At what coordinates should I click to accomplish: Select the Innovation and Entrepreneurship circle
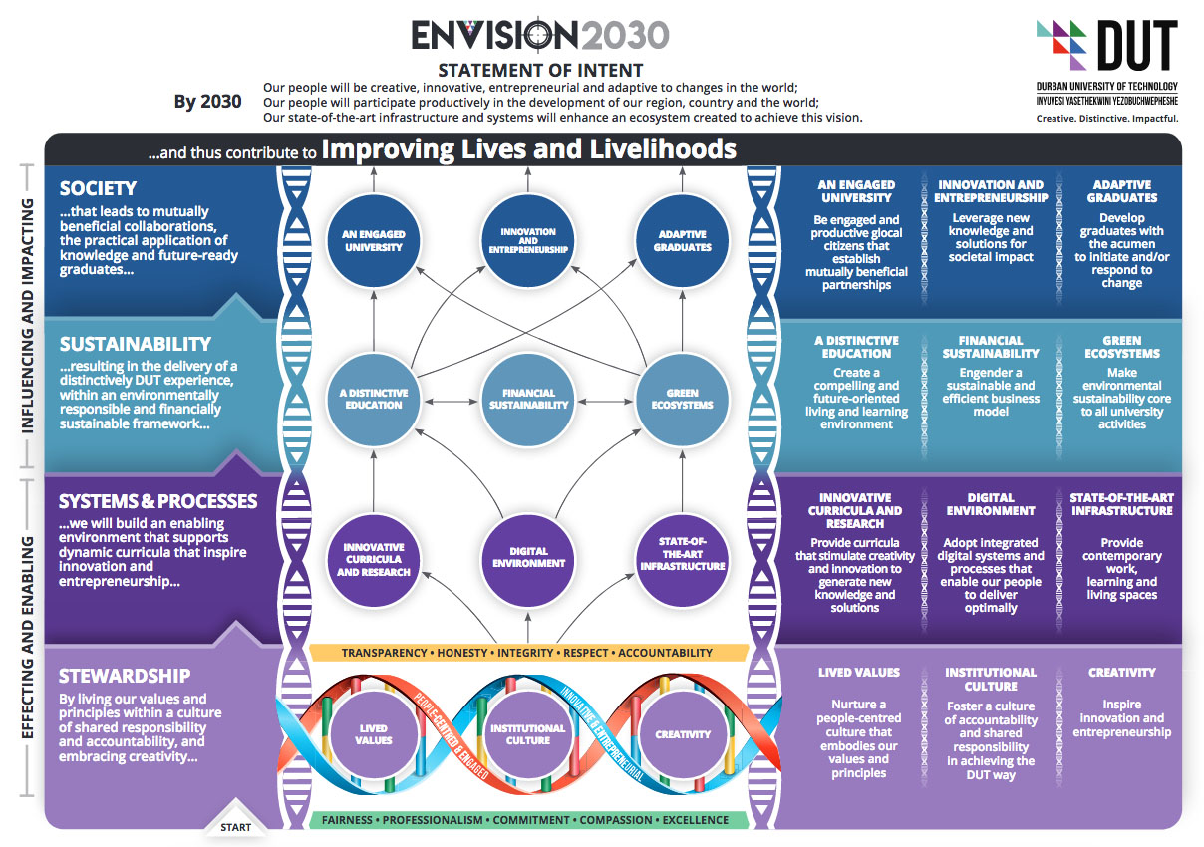pos(528,240)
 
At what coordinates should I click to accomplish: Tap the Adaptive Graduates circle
pos(683,240)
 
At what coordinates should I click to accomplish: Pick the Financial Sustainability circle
pos(528,399)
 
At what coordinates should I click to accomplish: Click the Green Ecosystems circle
pos(683,399)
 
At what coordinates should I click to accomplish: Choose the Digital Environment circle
pos(528,556)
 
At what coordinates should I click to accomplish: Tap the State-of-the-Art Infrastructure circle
pos(683,558)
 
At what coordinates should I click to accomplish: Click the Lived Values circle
pos(374,734)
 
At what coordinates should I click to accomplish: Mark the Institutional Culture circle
pos(528,734)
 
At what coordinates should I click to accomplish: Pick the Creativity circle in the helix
pos(683,734)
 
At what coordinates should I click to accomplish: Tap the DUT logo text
pos(1136,47)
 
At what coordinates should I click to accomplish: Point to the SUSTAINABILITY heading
pos(136,344)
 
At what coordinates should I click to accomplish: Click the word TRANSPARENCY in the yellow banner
pos(383,653)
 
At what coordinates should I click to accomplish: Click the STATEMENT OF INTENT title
pos(540,70)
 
